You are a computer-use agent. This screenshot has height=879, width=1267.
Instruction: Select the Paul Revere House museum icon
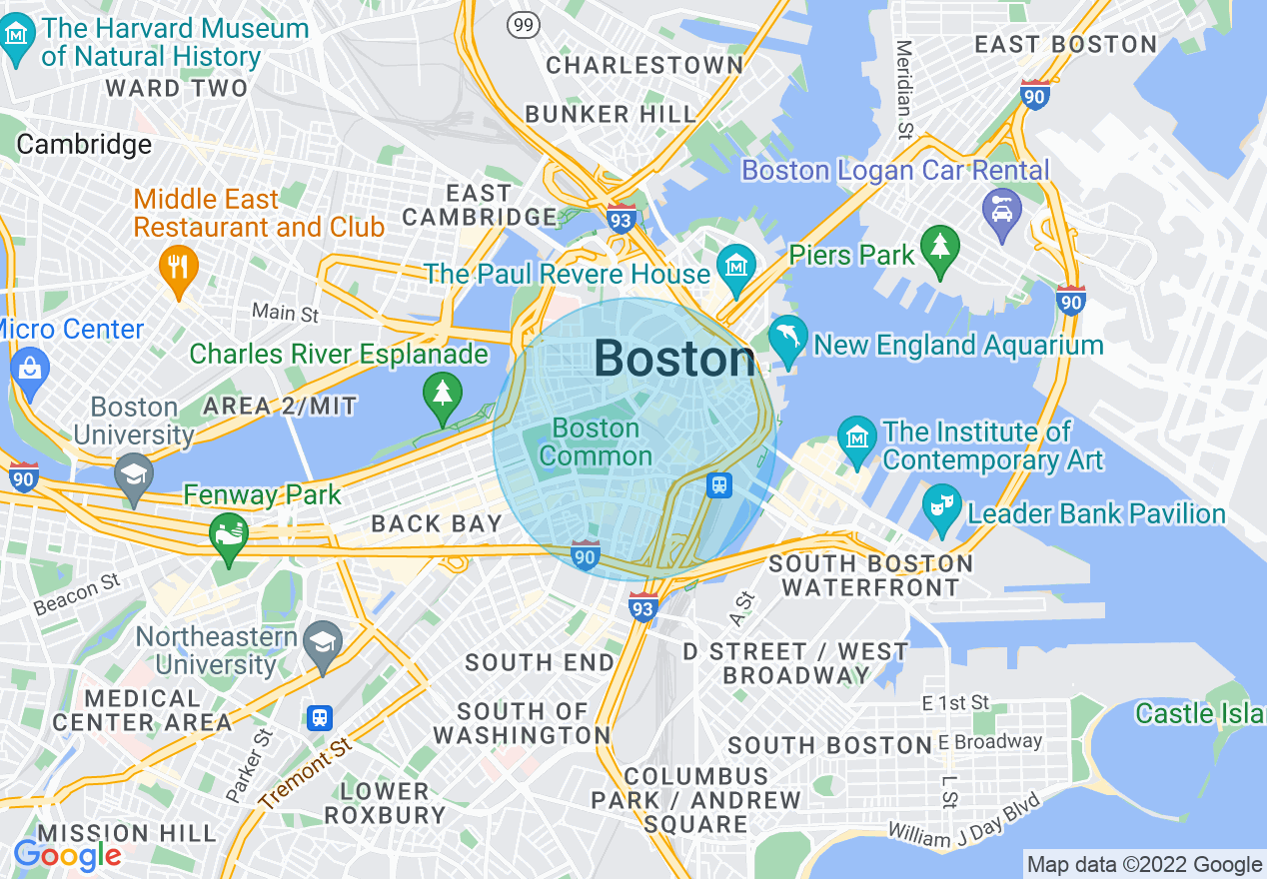736,268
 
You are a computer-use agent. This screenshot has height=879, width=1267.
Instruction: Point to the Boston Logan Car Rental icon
1000,211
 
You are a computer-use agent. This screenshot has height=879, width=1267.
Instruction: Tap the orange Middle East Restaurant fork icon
179,267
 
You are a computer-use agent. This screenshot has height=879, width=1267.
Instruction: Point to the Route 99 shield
524,24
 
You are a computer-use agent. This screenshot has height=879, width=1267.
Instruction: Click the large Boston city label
674,359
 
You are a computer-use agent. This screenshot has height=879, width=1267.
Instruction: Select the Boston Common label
596,441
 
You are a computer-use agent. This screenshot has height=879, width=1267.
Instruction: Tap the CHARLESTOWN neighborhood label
644,66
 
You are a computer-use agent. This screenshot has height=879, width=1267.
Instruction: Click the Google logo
67,856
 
